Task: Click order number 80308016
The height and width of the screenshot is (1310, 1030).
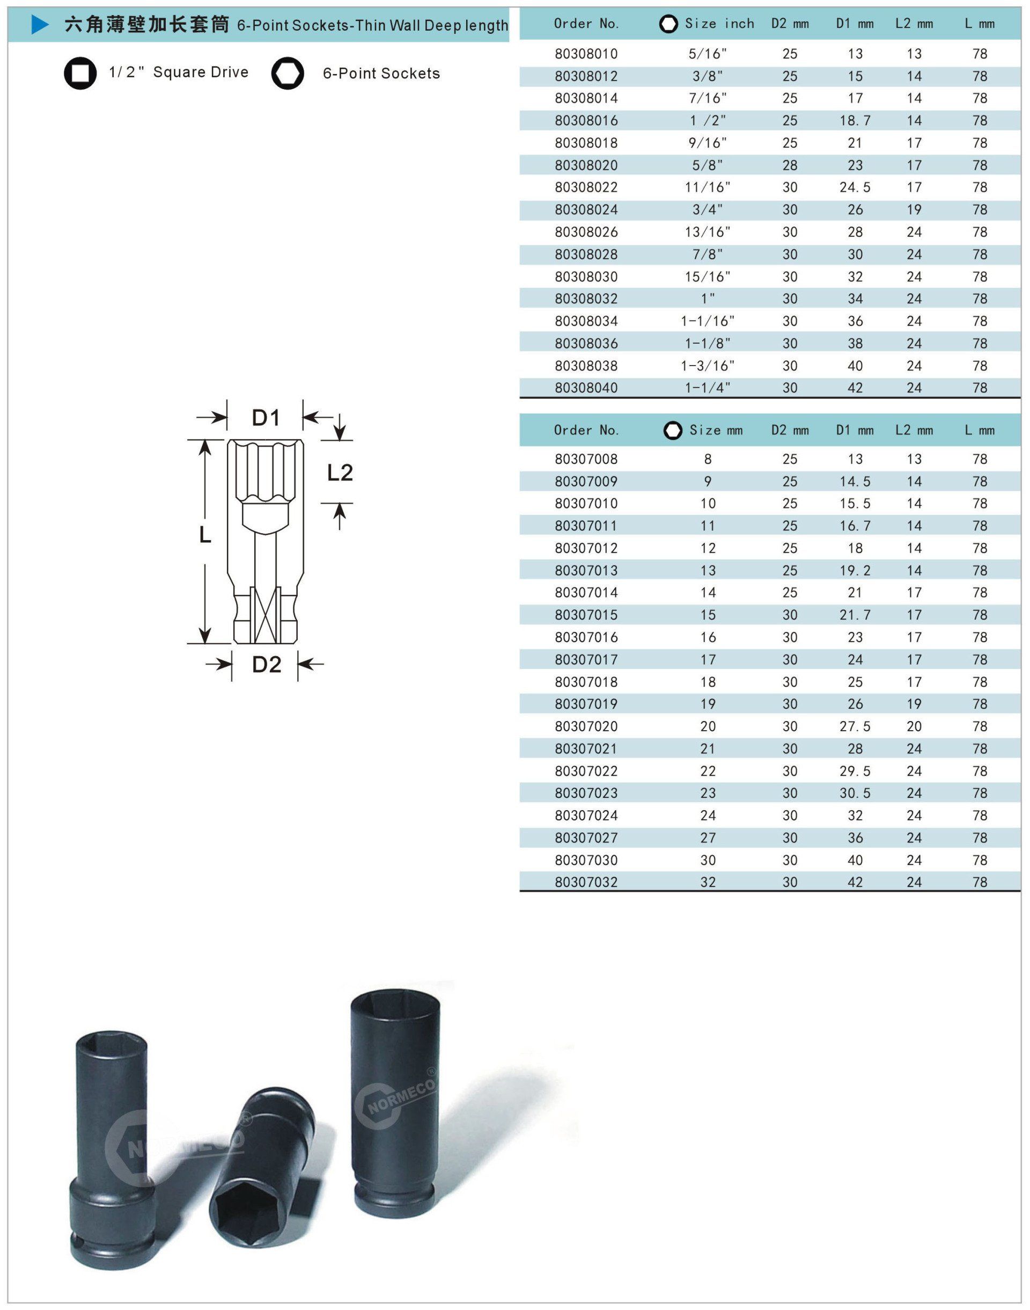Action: [586, 121]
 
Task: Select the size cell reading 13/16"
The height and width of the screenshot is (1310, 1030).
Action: [708, 232]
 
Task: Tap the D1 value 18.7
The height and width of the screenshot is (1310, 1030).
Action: [855, 121]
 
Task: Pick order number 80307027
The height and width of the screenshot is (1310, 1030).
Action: [586, 838]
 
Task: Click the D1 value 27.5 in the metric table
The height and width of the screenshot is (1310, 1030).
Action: [855, 726]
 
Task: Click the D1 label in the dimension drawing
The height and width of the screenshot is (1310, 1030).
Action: [266, 418]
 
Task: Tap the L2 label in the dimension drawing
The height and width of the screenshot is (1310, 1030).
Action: [340, 472]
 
